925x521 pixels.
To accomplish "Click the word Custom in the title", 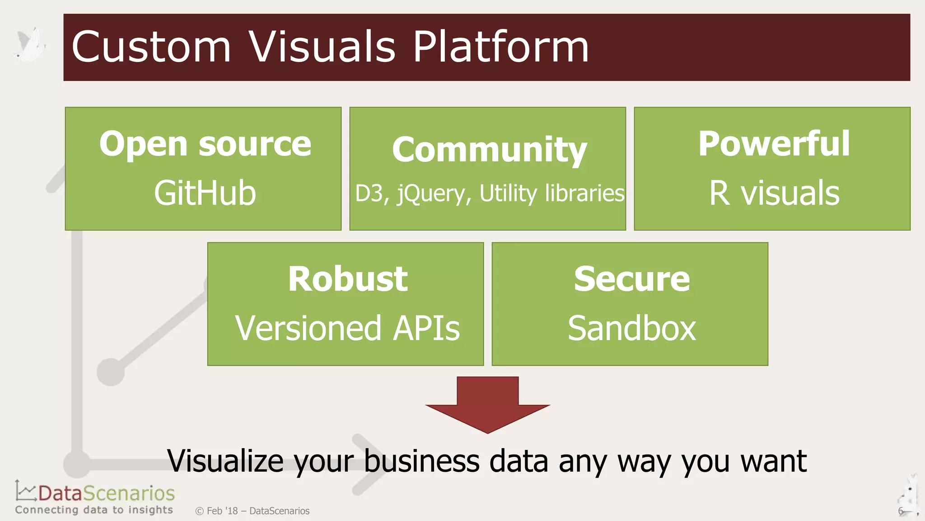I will [151, 47].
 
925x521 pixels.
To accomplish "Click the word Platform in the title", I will [501, 47].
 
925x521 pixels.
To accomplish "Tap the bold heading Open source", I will [205, 144].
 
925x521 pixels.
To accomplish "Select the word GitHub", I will [205, 193].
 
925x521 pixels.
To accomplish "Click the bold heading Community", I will [489, 150].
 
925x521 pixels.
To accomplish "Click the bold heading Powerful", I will [774, 144].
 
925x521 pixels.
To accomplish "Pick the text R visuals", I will [774, 193].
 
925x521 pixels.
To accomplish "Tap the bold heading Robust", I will [348, 279].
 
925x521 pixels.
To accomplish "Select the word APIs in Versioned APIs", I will [426, 328].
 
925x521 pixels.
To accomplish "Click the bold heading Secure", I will [631, 279].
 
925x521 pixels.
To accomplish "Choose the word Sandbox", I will [631, 328].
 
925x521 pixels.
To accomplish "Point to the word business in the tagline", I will [421, 461].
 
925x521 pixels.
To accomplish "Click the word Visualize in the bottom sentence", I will [225, 461].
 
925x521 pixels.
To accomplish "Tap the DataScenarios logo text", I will [106, 493].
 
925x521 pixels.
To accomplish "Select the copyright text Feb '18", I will [222, 511].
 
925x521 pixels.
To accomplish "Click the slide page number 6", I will [900, 511].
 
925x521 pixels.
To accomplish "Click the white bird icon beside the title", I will [31, 45].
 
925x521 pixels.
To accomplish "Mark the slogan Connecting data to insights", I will [94, 510].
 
